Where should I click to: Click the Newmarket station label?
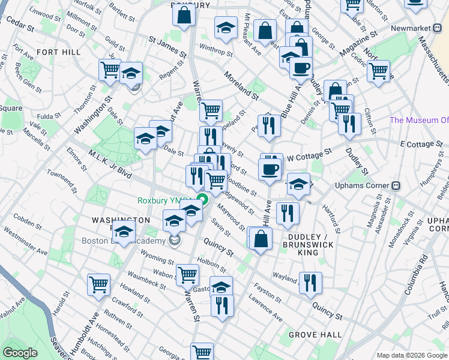coord(412,29)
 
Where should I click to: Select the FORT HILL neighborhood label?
coord(58,53)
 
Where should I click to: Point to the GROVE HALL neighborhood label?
coord(315,335)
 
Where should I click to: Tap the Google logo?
coord(20,353)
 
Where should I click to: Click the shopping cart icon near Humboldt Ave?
coord(98,285)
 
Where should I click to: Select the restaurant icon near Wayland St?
coord(310,282)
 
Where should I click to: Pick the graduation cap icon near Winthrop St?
coord(226,28)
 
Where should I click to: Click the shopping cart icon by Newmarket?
coord(378,70)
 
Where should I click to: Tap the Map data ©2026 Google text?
coord(411,355)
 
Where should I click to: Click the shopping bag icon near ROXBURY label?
coord(184,16)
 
